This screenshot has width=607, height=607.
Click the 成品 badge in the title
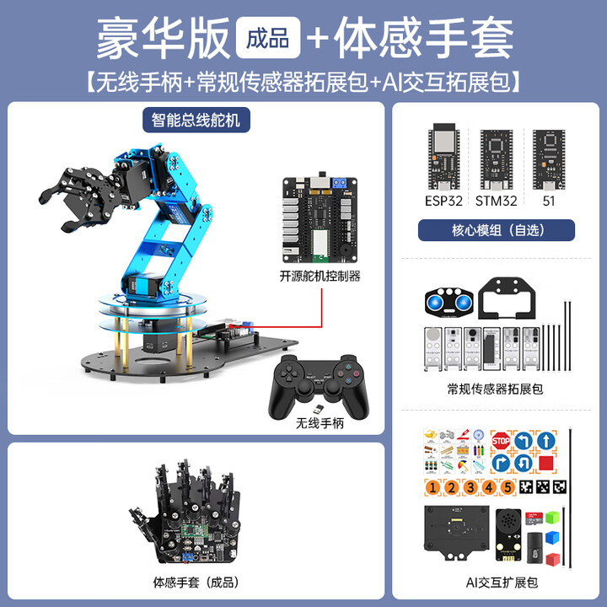click(x=268, y=37)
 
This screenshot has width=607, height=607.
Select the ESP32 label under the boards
click(x=443, y=201)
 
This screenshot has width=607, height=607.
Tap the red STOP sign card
click(x=500, y=440)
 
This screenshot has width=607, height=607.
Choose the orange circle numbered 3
click(x=469, y=487)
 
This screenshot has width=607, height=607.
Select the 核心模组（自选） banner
click(x=497, y=230)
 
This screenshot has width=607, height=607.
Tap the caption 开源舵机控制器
click(x=320, y=275)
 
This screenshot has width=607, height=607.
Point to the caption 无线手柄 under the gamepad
click(x=320, y=424)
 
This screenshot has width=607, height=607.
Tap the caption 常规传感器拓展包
click(x=495, y=389)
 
